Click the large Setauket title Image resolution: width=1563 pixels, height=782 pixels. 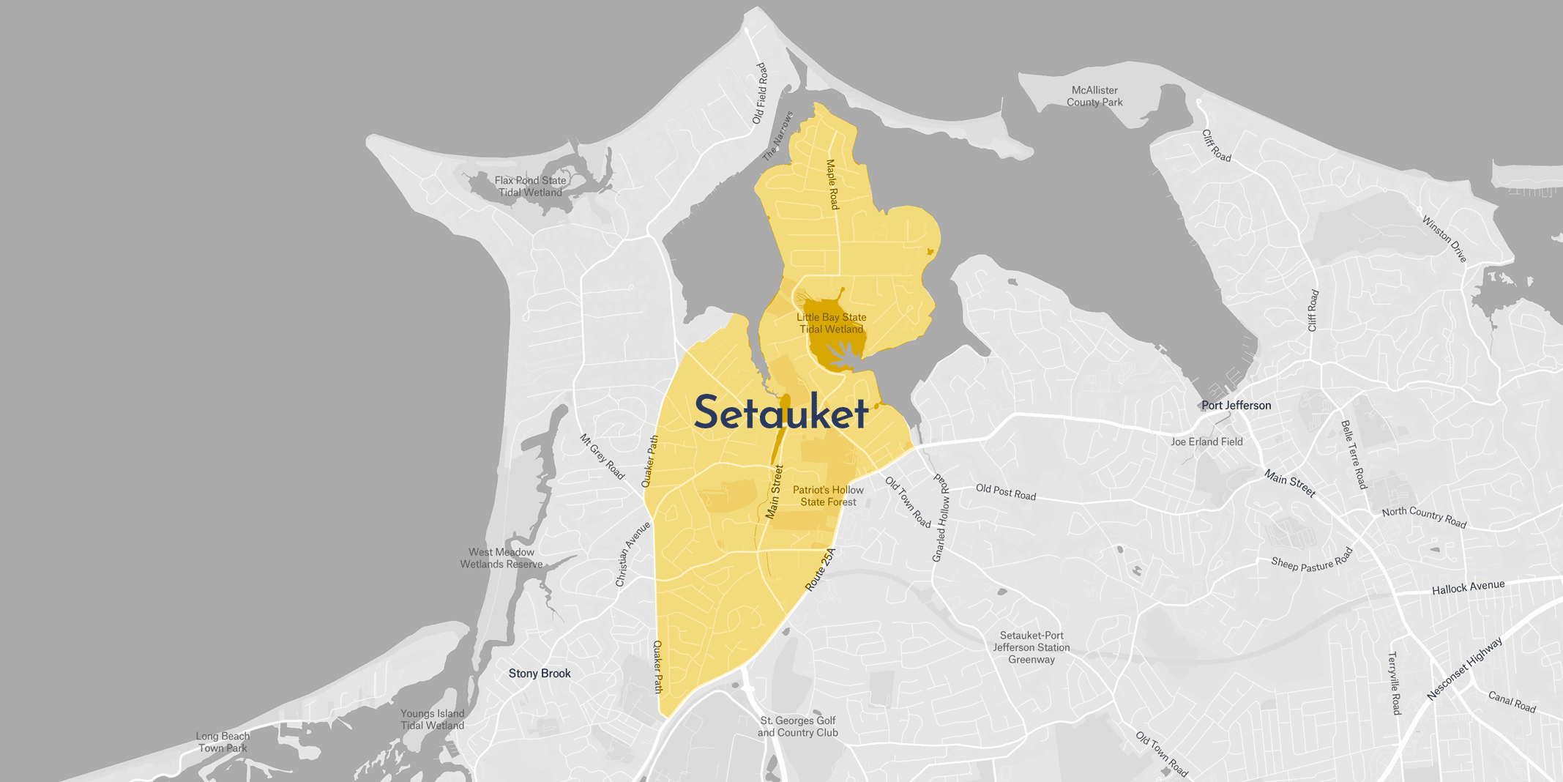[x=781, y=413]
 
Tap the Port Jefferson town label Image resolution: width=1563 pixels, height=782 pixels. [x=1236, y=406]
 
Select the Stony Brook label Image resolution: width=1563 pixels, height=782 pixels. [x=540, y=674]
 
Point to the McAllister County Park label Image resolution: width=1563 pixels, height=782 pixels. [x=1094, y=97]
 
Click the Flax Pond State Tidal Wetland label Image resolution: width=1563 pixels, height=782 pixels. [x=530, y=187]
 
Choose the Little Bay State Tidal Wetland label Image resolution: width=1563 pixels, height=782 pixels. [x=831, y=324]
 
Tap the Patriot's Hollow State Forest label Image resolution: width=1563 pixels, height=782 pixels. [x=828, y=496]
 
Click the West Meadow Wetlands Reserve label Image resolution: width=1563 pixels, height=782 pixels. [x=501, y=559]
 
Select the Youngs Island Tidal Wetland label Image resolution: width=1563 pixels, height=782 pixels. [x=432, y=720]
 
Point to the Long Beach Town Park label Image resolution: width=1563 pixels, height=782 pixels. [x=223, y=742]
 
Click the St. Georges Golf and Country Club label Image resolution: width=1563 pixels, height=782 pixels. [x=797, y=727]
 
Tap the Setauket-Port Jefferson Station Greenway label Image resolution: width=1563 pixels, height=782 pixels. [x=1032, y=648]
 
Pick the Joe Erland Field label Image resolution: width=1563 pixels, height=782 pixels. [x=1206, y=442]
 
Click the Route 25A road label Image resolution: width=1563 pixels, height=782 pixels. [x=820, y=570]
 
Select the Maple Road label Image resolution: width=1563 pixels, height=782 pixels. [x=832, y=185]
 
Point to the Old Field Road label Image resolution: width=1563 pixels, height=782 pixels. [x=761, y=94]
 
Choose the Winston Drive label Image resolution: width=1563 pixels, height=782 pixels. [x=1444, y=239]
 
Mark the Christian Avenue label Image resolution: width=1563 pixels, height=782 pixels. [x=633, y=554]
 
